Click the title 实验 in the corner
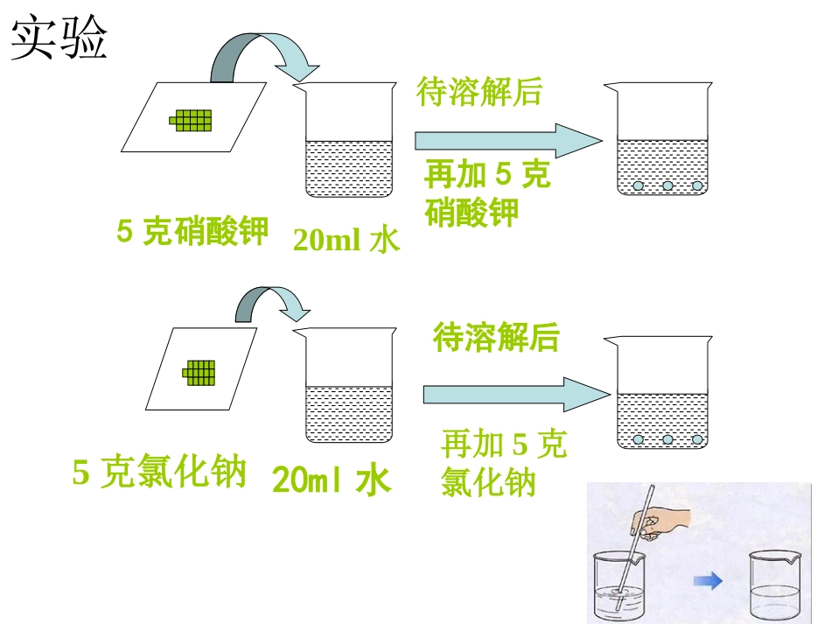[59, 39]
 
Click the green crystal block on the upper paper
[192, 121]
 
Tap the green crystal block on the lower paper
[199, 372]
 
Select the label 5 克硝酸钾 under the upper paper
[192, 231]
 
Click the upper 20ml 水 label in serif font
[346, 239]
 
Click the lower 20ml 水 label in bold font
[332, 480]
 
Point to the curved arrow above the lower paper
[272, 303]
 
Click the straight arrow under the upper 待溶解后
[507, 140]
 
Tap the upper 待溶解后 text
[480, 92]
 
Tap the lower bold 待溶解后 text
[496, 337]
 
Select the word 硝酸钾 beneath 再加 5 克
[472, 212]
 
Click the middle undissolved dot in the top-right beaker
[667, 186]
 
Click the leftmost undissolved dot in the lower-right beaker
[639, 438]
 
